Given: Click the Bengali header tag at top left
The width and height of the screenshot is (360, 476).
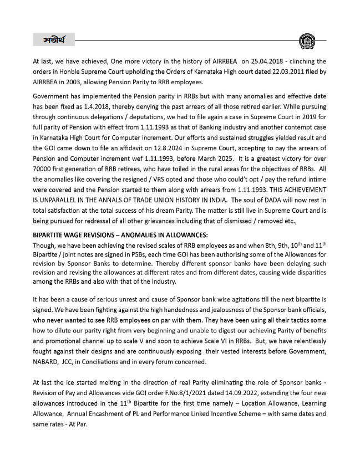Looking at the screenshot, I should (53, 40).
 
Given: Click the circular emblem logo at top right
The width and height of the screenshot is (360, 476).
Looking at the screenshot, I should (306, 41).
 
